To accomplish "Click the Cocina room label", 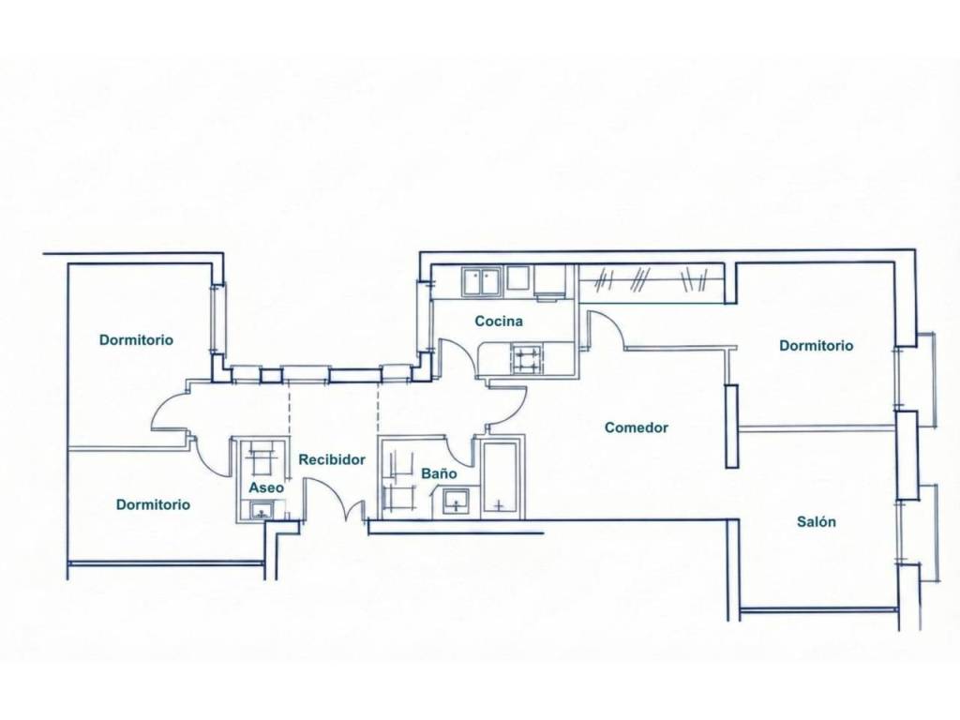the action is click(499, 321).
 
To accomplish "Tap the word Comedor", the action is click(637, 427).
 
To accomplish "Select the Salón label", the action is click(817, 521).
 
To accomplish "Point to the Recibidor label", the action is click(332, 459).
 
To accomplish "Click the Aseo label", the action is click(266, 487).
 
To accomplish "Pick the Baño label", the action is click(439, 473).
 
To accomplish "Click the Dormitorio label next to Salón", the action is click(817, 345).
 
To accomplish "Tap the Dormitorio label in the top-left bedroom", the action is click(137, 339).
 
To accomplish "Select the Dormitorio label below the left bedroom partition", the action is click(153, 504).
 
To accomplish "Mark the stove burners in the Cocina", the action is click(527, 359).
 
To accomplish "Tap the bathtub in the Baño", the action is click(502, 475).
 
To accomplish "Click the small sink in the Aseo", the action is click(263, 510).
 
